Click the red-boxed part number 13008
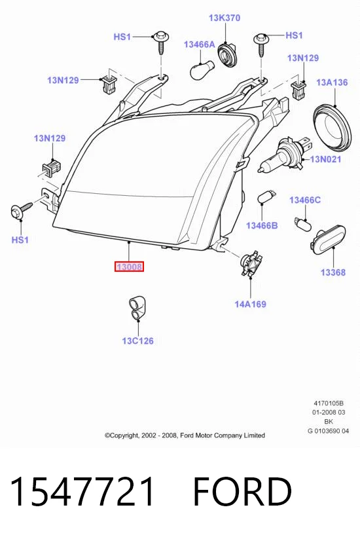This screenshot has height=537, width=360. [x=129, y=266]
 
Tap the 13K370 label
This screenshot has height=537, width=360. [x=225, y=18]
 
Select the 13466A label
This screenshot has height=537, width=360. [x=200, y=44]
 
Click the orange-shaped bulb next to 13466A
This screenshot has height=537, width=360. [x=202, y=70]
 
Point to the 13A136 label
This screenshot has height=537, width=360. [x=332, y=83]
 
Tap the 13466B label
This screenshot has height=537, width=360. [x=262, y=225]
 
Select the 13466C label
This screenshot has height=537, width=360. [x=305, y=200]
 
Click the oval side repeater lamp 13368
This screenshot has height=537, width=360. [x=328, y=238]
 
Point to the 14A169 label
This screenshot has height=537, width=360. [x=250, y=304]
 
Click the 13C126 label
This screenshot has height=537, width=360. [x=137, y=341]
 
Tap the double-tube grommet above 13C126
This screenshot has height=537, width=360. [x=137, y=308]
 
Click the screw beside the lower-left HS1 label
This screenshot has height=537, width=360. [x=21, y=210]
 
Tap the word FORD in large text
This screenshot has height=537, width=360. [x=242, y=492]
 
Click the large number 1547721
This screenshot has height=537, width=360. [x=82, y=492]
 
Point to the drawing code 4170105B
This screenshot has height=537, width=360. [x=329, y=403]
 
